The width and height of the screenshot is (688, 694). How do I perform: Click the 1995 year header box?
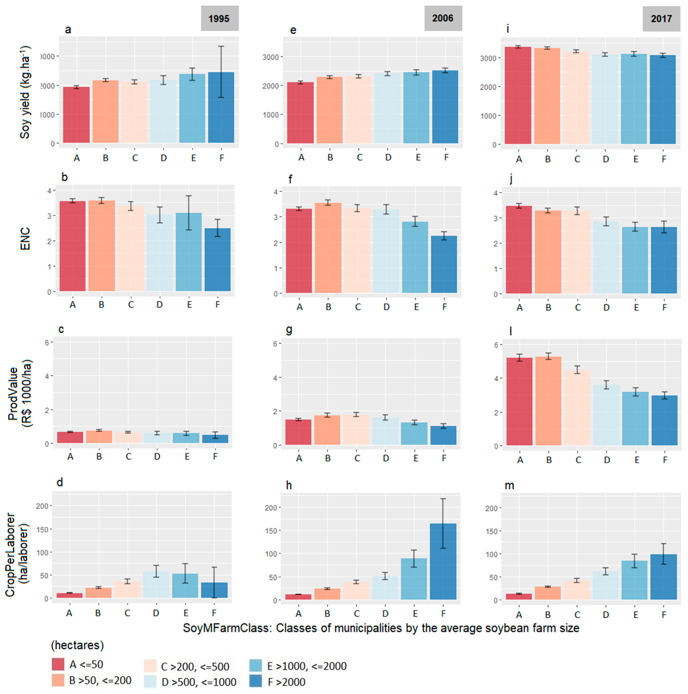tap(219, 18)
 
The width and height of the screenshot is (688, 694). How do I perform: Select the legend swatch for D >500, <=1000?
tap(150, 681)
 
